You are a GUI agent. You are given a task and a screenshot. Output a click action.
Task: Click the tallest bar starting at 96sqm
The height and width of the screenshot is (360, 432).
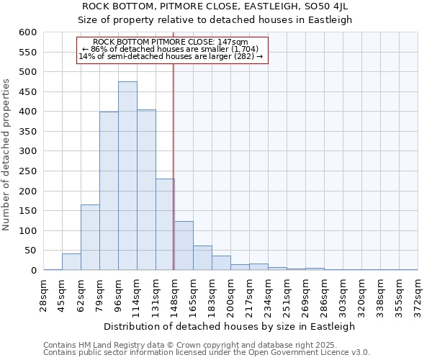click(x=127, y=176)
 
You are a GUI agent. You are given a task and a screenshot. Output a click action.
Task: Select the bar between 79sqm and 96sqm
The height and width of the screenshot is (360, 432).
click(x=109, y=191)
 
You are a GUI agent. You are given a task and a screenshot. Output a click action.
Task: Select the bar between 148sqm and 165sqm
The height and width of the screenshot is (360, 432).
click(x=184, y=246)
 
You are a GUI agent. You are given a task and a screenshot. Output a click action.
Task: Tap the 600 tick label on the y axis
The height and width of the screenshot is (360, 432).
click(x=27, y=32)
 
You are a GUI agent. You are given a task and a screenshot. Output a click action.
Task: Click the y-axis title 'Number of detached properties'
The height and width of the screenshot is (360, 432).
click(x=7, y=155)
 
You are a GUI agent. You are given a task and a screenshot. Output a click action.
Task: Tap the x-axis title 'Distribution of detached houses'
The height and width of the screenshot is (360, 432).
click(x=230, y=326)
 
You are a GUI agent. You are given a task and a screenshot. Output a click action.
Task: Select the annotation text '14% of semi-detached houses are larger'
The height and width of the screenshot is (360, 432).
click(x=170, y=56)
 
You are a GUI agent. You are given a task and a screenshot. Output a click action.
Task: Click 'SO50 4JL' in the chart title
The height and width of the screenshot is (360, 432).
click(x=328, y=6)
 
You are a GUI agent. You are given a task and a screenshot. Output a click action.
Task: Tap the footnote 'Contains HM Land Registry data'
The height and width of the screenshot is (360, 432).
click(x=115, y=345)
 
